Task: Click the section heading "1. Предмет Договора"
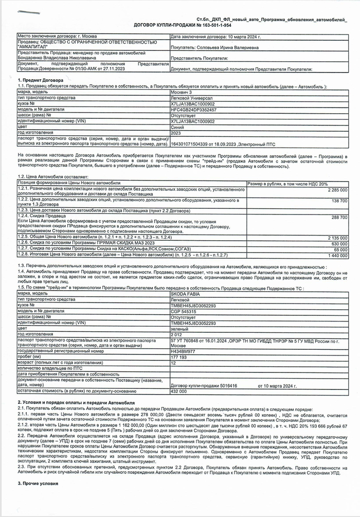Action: [x=41, y=81]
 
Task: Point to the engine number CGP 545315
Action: [x=183, y=311]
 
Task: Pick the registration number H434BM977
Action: [x=183, y=352]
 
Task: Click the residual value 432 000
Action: [x=178, y=391]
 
